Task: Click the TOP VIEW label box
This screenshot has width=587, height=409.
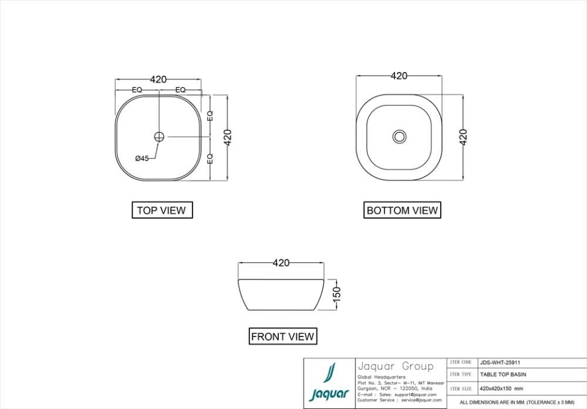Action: pyautogui.click(x=161, y=210)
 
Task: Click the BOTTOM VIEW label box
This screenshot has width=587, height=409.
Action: pyautogui.click(x=402, y=210)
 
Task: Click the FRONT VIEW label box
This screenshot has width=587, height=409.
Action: pyautogui.click(x=282, y=336)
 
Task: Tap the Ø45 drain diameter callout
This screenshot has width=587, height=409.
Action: pyautogui.click(x=142, y=158)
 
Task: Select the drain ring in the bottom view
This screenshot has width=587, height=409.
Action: pyautogui.click(x=399, y=136)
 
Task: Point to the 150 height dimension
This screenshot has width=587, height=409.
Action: pyautogui.click(x=336, y=294)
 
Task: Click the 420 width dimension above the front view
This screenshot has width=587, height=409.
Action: pyautogui.click(x=281, y=263)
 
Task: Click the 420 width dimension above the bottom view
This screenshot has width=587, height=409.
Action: pyautogui.click(x=399, y=76)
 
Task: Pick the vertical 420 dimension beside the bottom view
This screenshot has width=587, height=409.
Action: pyautogui.click(x=463, y=137)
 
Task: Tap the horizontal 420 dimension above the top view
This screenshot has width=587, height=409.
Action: pyautogui.click(x=158, y=79)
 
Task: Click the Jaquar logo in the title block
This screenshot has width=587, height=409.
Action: pyautogui.click(x=330, y=383)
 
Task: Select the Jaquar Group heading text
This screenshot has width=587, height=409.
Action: pyautogui.click(x=395, y=366)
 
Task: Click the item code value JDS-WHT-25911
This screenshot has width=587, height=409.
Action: pyautogui.click(x=500, y=362)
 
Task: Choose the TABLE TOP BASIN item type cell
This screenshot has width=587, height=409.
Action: pyautogui.click(x=503, y=374)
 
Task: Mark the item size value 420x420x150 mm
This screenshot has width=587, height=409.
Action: pyautogui.click(x=501, y=388)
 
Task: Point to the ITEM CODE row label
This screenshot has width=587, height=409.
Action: pyautogui.click(x=460, y=362)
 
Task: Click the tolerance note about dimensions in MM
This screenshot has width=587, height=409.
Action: pyautogui.click(x=517, y=402)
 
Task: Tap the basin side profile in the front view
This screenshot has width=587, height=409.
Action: pyautogui.click(x=281, y=295)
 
